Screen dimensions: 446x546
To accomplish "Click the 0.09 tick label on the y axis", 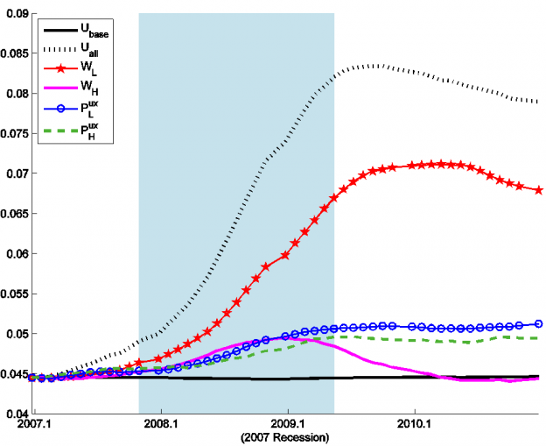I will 17,13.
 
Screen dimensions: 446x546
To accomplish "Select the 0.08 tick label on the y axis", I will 17,94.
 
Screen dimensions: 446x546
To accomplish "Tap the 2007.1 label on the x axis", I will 33,424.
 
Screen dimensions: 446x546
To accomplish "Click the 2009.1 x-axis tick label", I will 288,424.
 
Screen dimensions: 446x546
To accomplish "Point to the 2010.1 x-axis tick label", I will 415,424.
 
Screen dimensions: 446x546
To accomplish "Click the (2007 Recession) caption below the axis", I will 288,436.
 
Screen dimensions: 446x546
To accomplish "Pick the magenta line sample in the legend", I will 56,88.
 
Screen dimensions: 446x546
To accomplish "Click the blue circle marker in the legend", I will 56,111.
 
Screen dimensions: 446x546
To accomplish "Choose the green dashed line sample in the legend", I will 56,132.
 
